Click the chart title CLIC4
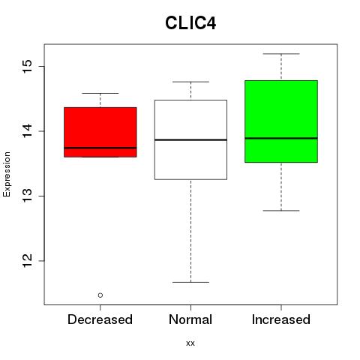[x=190, y=23]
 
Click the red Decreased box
[x=100, y=132]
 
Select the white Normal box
[x=190, y=139]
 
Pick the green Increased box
[x=281, y=121]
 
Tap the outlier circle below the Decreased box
[x=100, y=295]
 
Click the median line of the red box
[x=100, y=148]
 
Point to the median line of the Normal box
[x=190, y=139]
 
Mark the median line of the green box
[x=281, y=138]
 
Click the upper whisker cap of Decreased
[x=100, y=93]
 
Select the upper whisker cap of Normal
[x=190, y=82]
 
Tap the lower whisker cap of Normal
[x=190, y=282]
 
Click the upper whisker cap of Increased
[x=281, y=54]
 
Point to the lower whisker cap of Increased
[x=281, y=211]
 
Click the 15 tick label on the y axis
[x=28, y=66]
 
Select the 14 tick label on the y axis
[x=28, y=131]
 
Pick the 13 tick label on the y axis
[x=28, y=196]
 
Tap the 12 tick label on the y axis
[x=28, y=261]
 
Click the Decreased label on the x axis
[x=100, y=319]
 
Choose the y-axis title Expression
[x=7, y=174]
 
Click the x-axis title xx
[x=190, y=343]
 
